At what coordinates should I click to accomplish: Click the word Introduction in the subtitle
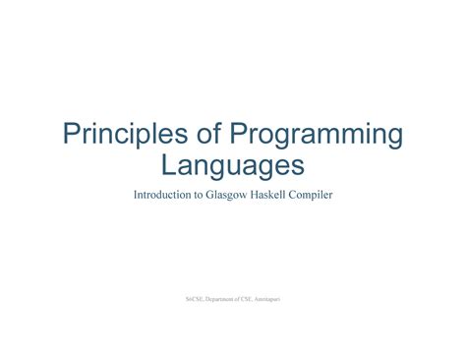(163, 195)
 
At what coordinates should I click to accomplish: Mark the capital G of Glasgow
(211, 195)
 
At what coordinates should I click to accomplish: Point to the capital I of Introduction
(136, 195)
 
